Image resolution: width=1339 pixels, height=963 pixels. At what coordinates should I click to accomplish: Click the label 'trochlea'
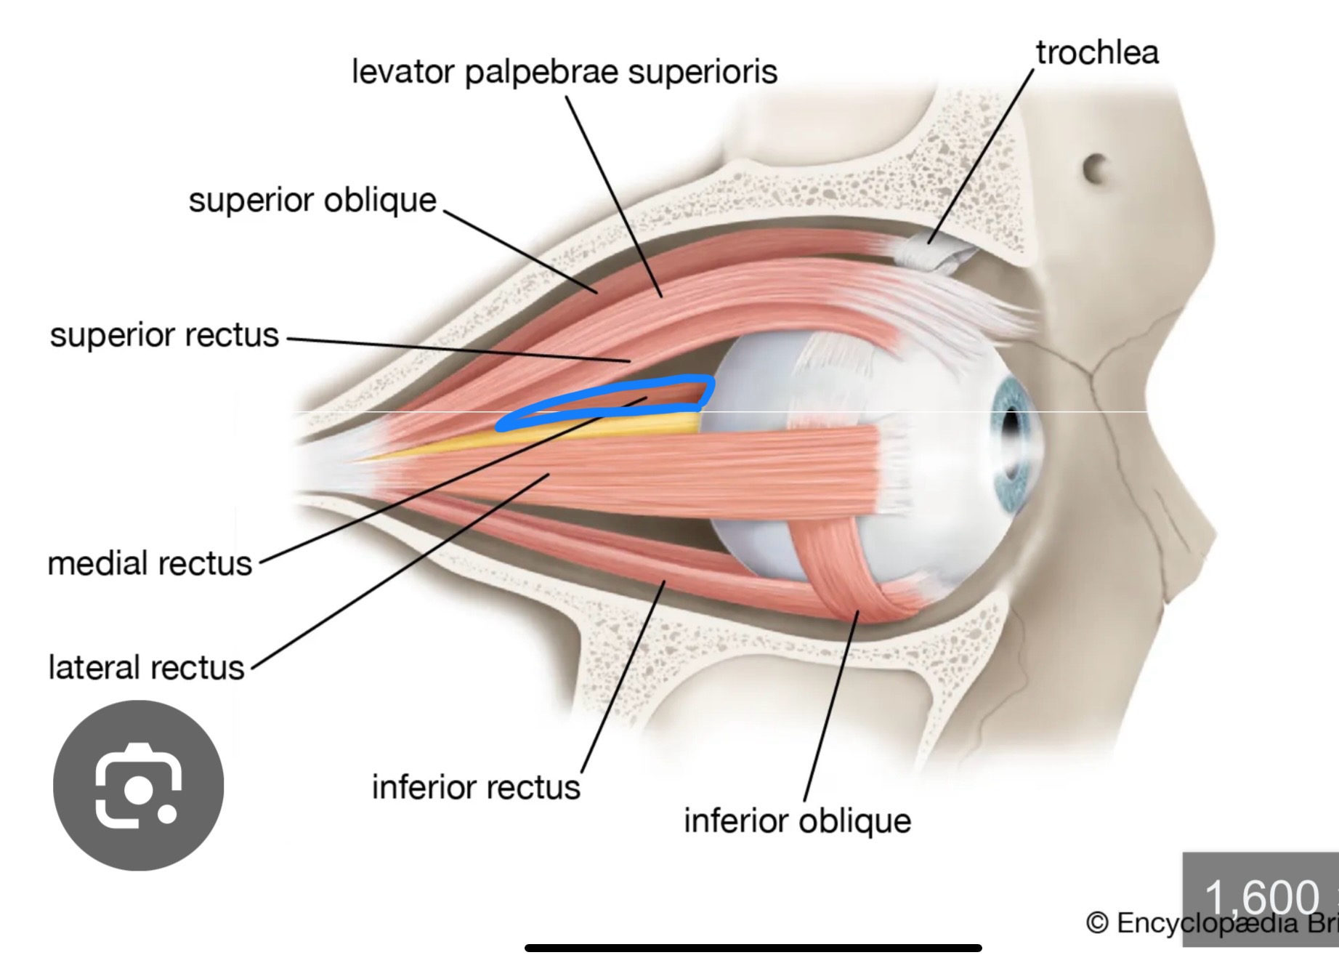[1096, 53]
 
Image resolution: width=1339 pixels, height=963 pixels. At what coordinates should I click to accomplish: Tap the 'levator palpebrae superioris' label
[564, 72]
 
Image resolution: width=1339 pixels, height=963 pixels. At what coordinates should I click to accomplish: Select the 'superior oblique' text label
[312, 200]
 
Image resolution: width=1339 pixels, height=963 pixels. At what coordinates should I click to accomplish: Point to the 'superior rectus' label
[164, 335]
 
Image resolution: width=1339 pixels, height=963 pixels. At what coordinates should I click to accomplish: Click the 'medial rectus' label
[150, 563]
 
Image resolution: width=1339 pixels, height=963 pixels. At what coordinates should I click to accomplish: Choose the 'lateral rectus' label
[146, 667]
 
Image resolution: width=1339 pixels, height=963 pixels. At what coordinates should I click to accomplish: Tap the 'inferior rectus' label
[476, 787]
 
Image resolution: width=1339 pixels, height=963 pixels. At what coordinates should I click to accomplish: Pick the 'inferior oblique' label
[797, 821]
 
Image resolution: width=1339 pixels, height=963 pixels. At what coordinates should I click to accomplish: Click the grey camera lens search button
[138, 786]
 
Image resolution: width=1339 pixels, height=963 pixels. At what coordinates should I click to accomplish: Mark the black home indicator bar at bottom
[753, 948]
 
